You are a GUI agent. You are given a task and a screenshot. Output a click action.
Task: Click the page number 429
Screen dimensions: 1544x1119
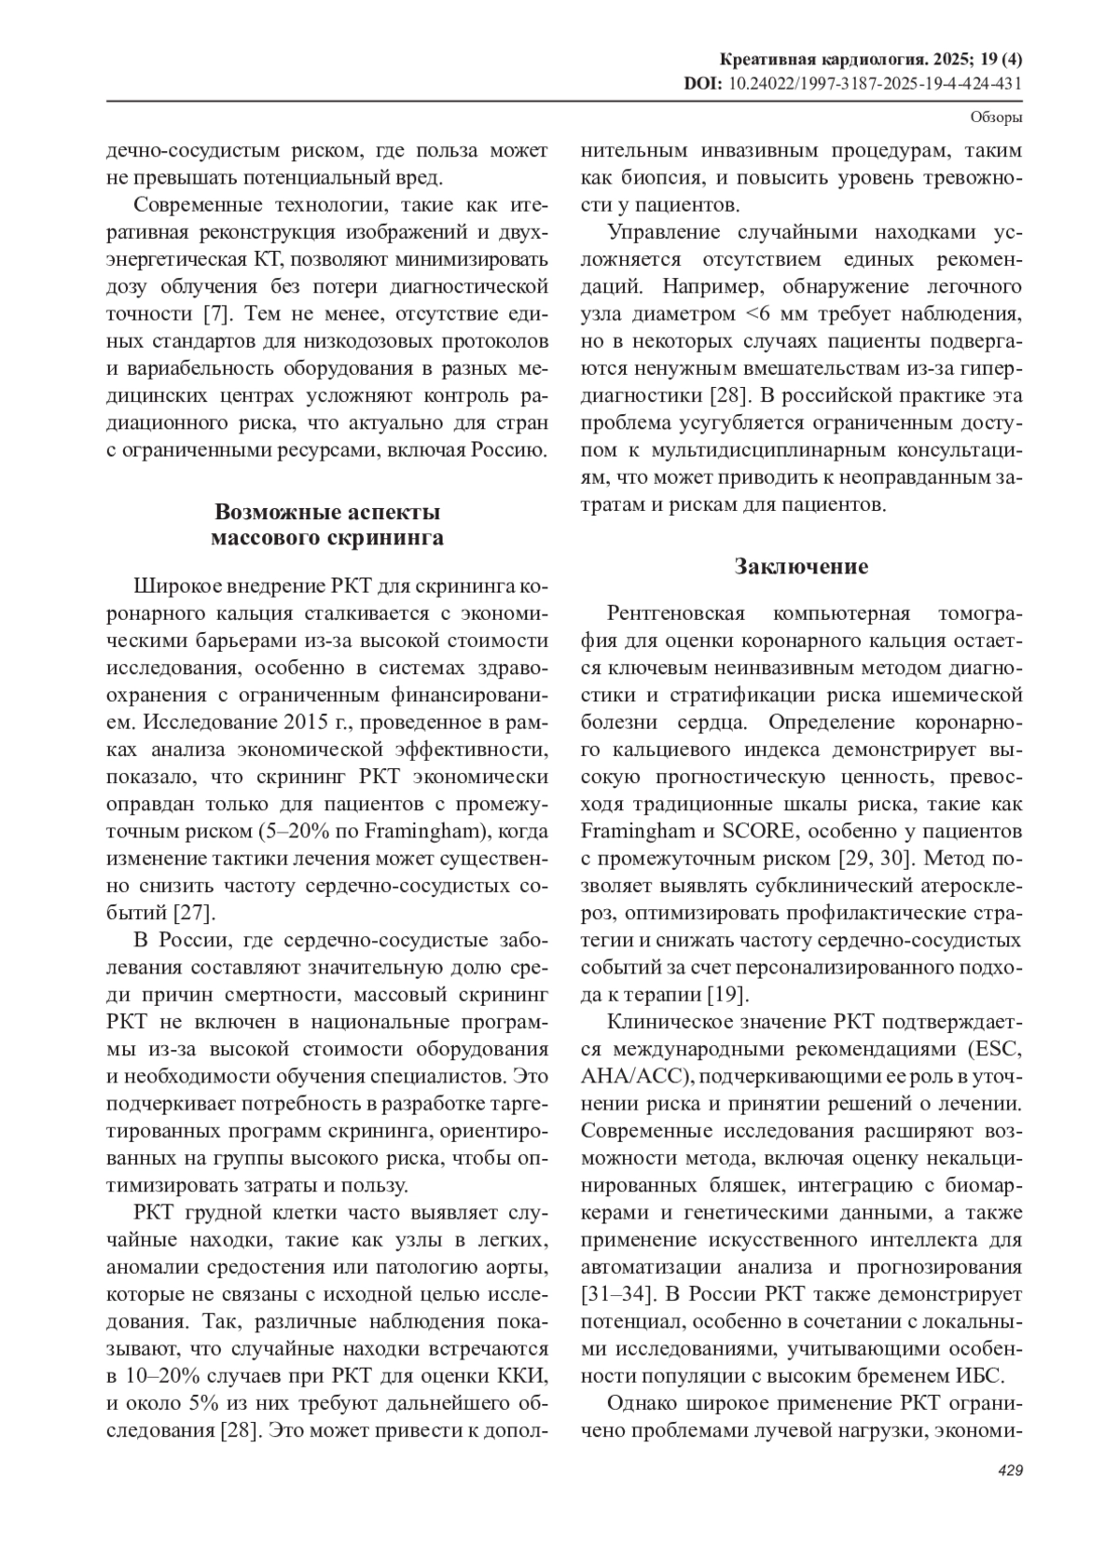pyautogui.click(x=1011, y=1470)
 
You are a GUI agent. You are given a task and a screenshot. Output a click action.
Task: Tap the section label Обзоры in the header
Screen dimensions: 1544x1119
pyautogui.click(x=997, y=117)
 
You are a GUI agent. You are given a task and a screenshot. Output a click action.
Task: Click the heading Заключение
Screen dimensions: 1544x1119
pyautogui.click(x=801, y=566)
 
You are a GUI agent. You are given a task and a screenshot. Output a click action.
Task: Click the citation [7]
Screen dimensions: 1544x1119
pyautogui.click(x=216, y=313)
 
